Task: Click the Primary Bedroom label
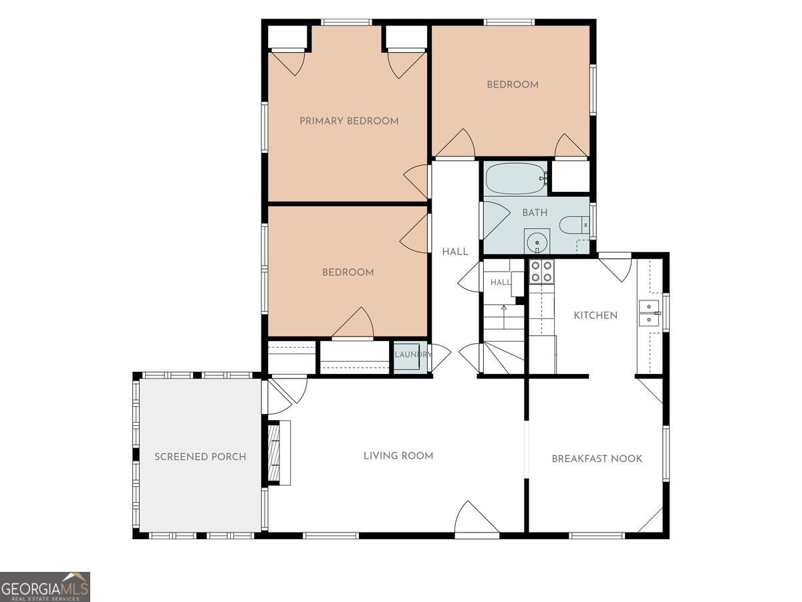click(x=349, y=121)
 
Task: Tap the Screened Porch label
click(x=200, y=457)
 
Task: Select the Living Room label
click(x=398, y=456)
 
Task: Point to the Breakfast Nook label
click(x=597, y=459)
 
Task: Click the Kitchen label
click(x=595, y=316)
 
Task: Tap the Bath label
click(x=535, y=213)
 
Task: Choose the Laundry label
click(x=413, y=355)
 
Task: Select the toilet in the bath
click(x=574, y=225)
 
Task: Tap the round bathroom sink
click(x=537, y=242)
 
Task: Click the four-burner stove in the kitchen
click(x=541, y=272)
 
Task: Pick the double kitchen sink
click(x=649, y=313)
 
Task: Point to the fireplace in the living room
click(x=279, y=453)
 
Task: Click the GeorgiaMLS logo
click(x=45, y=587)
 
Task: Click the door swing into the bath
click(x=497, y=220)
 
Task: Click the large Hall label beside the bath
click(x=455, y=252)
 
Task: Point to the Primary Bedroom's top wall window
click(x=347, y=22)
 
